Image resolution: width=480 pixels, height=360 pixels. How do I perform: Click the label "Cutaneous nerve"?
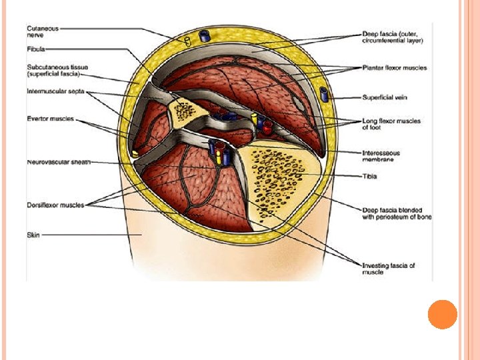pyautogui.click(x=42, y=31)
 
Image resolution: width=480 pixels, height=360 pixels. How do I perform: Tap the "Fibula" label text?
pyautogui.click(x=36, y=49)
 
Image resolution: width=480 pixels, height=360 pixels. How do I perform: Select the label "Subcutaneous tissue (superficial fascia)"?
pyautogui.click(x=57, y=70)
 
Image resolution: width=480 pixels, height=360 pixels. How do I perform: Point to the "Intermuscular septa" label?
pyautogui.click(x=55, y=91)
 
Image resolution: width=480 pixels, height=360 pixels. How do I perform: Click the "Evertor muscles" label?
pyautogui.click(x=51, y=119)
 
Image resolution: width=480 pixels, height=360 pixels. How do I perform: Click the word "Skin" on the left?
pyautogui.click(x=33, y=235)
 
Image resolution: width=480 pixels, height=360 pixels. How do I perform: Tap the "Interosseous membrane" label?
pyautogui.click(x=385, y=155)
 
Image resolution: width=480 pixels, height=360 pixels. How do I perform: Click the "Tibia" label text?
pyautogui.click(x=369, y=176)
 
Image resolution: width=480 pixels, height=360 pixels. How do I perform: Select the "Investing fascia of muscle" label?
pyautogui.click(x=388, y=269)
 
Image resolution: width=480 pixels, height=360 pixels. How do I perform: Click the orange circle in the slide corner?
pyautogui.click(x=442, y=315)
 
